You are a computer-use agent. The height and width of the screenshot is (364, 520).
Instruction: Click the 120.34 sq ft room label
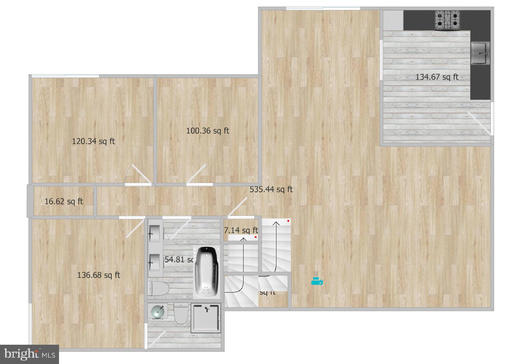pyautogui.click(x=93, y=141)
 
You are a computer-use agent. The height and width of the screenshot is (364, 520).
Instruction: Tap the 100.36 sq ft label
pyautogui.click(x=207, y=131)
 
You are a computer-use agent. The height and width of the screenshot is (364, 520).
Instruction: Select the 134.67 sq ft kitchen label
pyautogui.click(x=437, y=77)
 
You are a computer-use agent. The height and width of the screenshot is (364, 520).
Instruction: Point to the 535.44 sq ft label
pyautogui.click(x=271, y=189)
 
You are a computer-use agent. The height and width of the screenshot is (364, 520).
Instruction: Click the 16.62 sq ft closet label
pyautogui.click(x=64, y=201)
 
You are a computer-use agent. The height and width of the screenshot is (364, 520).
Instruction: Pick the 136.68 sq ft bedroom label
pyautogui.click(x=99, y=275)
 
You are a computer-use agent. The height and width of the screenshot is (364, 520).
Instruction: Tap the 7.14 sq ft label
pyautogui.click(x=241, y=230)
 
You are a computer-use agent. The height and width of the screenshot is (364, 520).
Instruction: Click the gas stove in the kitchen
pyautogui.click(x=447, y=20)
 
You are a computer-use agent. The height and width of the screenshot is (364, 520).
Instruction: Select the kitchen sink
pyautogui.click(x=480, y=53)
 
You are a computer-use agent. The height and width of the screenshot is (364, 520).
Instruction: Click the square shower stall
pyautogui.click(x=206, y=318)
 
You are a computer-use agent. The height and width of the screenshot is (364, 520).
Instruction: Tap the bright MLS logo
pyautogui.click(x=29, y=354)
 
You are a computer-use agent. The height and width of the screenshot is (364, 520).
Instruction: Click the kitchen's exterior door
pyautogui.click(x=479, y=122)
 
